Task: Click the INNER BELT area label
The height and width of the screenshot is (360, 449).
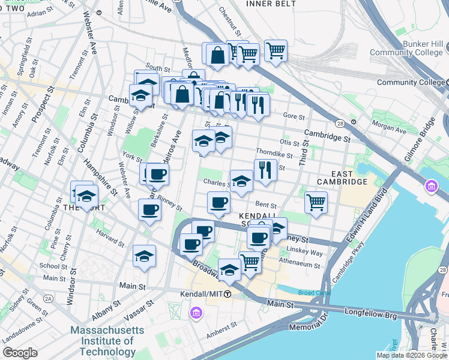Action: [271, 4]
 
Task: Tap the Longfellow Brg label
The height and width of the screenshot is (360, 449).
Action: [370, 312]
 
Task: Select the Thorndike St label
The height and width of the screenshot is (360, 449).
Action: [274, 154]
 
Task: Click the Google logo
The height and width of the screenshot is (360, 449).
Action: [20, 353]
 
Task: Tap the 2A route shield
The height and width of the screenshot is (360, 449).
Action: [47, 298]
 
